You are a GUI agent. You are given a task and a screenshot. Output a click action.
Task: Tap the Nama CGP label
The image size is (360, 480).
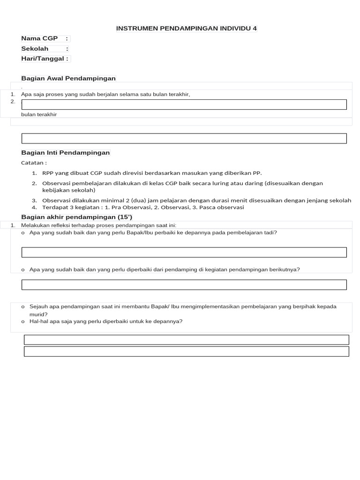tap(39, 38)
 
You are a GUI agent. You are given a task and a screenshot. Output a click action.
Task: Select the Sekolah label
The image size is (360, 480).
tap(35, 49)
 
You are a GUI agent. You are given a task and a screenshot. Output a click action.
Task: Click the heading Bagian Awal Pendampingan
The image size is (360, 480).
tap(68, 78)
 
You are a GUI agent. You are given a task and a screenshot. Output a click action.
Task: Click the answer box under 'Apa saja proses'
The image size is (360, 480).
tap(184, 105)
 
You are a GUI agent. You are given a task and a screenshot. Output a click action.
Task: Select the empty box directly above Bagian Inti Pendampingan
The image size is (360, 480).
tap(184, 138)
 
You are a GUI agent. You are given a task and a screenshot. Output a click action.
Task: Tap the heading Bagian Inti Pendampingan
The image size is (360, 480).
tap(66, 153)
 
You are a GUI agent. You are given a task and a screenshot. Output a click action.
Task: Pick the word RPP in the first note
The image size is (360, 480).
tap(48, 173)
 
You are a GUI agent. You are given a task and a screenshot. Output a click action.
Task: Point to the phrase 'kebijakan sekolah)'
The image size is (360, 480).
tap(68, 190)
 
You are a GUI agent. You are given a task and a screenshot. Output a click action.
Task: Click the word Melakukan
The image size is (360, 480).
tap(35, 225)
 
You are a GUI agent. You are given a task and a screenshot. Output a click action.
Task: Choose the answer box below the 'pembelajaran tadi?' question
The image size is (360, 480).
tap(184, 252)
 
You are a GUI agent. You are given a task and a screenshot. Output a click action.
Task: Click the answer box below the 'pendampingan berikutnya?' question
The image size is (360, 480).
tap(184, 285)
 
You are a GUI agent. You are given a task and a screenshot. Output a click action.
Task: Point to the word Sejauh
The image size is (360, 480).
tap(39, 307)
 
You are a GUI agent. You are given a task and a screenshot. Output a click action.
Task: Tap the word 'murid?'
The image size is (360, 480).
tap(38, 315)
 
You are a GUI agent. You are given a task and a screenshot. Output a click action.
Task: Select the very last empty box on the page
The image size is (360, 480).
tap(186, 351)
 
